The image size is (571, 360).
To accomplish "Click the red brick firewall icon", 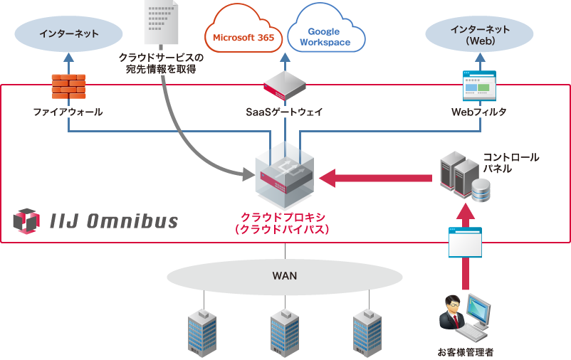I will tap(68, 86).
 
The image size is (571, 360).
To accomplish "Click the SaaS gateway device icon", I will tap(285, 85).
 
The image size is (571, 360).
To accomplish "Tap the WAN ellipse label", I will tap(285, 275).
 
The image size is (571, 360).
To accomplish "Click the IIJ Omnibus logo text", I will tap(115, 221).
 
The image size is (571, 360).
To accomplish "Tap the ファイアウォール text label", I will tap(68, 112).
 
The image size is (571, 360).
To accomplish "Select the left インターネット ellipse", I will tap(68, 33).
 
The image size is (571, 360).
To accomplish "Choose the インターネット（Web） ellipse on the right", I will tap(479, 34).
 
